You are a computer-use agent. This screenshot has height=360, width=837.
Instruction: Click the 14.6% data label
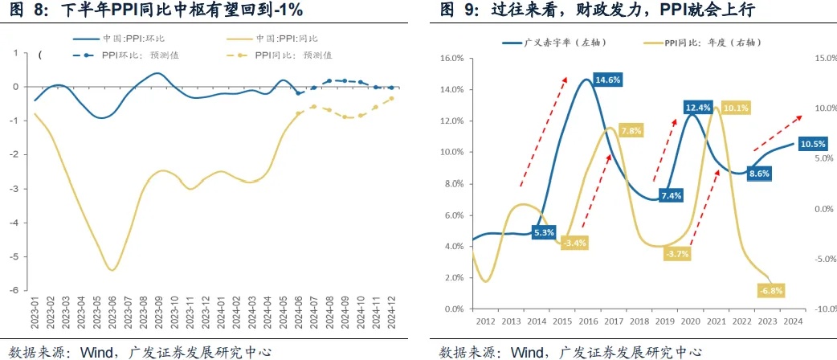click(607, 80)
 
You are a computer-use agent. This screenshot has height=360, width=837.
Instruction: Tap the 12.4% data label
click(698, 108)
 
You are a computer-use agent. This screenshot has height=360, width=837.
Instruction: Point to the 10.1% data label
click(736, 108)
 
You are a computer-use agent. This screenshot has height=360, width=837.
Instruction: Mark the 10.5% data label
click(814, 144)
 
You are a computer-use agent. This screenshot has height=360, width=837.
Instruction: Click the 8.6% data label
click(759, 173)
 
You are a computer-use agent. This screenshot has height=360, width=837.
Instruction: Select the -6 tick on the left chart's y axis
click(14, 291)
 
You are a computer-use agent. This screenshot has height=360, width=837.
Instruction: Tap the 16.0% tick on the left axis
click(453, 58)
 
